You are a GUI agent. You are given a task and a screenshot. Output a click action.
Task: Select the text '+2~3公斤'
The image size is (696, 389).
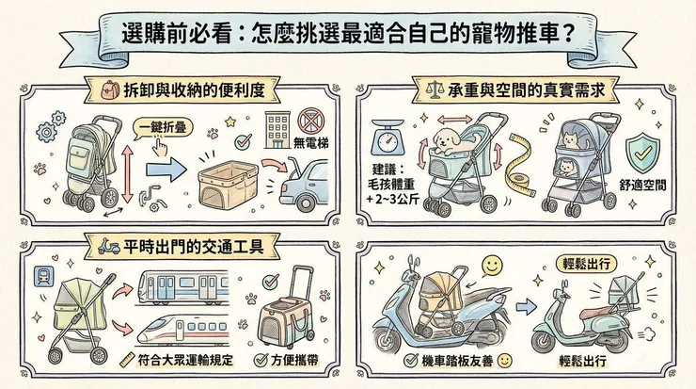389,203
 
